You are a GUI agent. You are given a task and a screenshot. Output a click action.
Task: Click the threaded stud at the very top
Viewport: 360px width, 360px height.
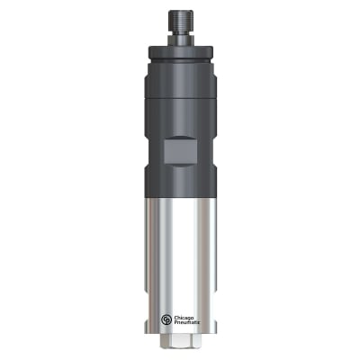180,18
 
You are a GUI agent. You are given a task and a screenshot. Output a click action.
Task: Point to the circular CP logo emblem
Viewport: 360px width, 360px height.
167,319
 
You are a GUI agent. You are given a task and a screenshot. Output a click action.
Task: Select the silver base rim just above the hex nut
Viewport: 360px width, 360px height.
180,332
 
